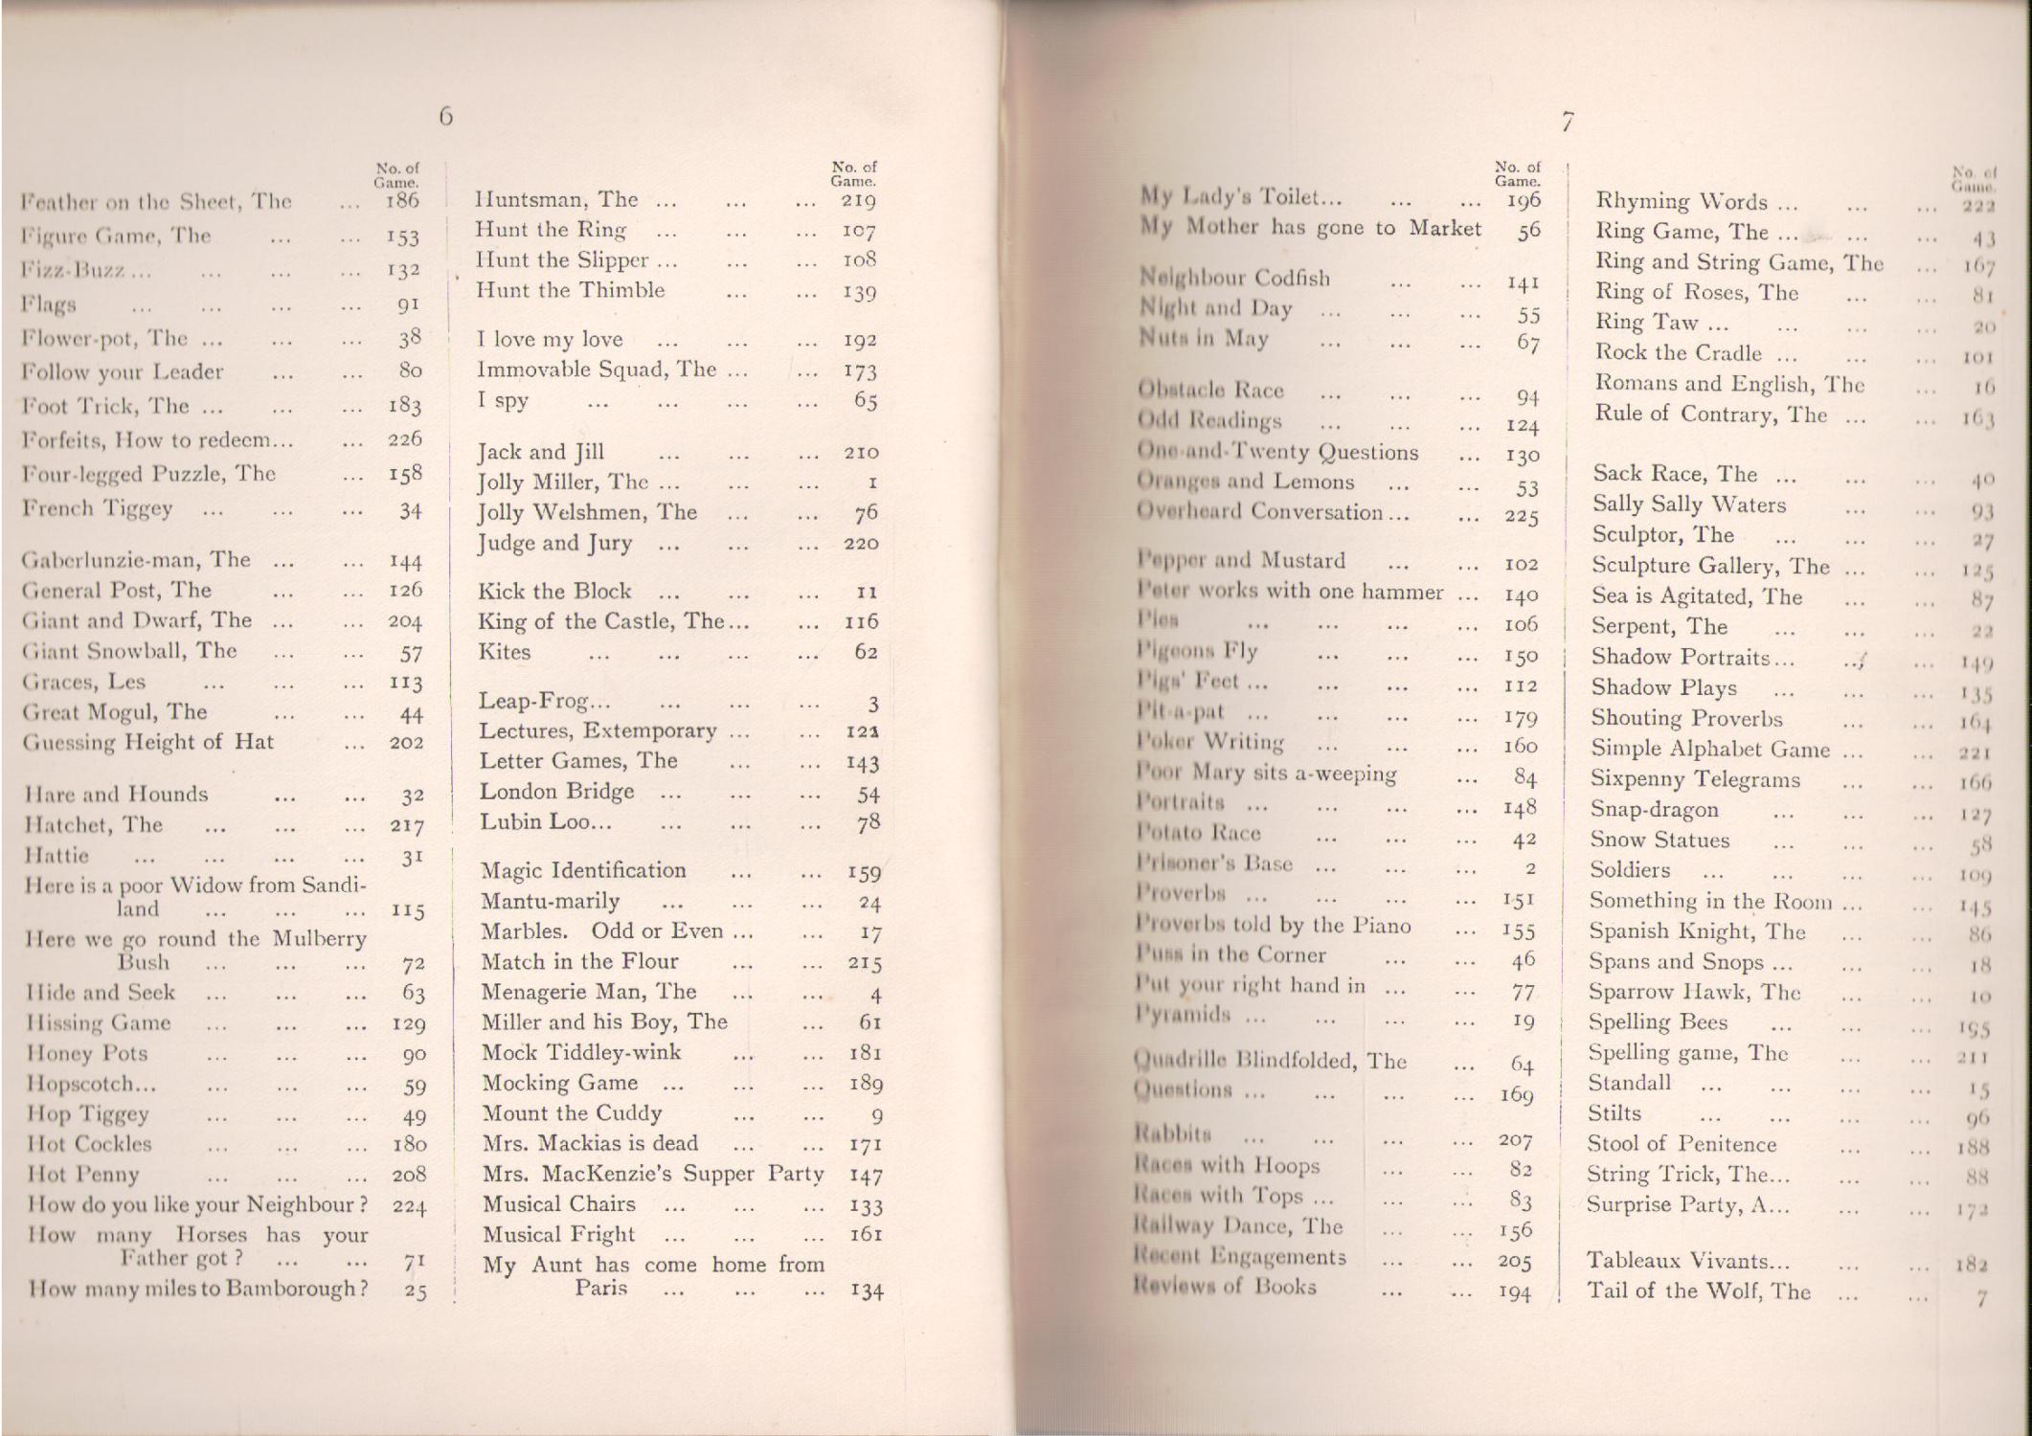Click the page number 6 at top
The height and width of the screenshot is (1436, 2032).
pos(446,117)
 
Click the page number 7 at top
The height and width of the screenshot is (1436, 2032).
pos(1567,122)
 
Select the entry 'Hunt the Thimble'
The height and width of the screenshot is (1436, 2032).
pos(570,291)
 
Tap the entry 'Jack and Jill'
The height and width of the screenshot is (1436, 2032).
pos(541,452)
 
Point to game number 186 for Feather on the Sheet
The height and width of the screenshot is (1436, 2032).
pos(402,201)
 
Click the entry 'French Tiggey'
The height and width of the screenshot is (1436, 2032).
pos(97,508)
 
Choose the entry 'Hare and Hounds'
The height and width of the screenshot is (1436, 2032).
pos(116,795)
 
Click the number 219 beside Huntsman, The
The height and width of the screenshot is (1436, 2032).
pos(859,200)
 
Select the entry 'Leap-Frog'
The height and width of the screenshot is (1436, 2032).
pos(544,701)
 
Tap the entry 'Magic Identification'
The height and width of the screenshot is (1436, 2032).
pos(583,870)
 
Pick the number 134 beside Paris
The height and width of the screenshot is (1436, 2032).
pos(866,1291)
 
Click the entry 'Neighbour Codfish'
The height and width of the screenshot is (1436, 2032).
pos(1234,279)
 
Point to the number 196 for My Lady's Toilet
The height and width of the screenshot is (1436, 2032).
pos(1522,200)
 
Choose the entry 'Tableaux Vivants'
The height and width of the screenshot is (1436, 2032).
pos(1676,1261)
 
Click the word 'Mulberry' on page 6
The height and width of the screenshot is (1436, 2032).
pos(319,938)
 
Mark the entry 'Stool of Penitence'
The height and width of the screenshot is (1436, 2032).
pos(1682,1144)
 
